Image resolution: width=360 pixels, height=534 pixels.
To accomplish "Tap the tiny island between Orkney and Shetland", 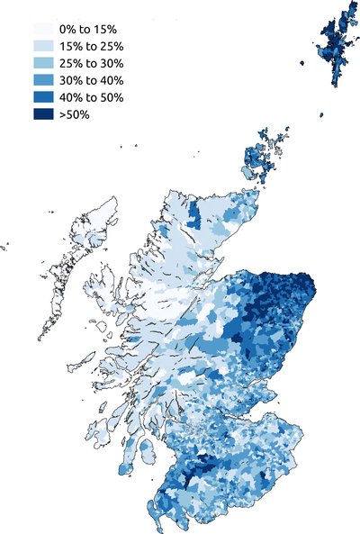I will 321,114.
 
